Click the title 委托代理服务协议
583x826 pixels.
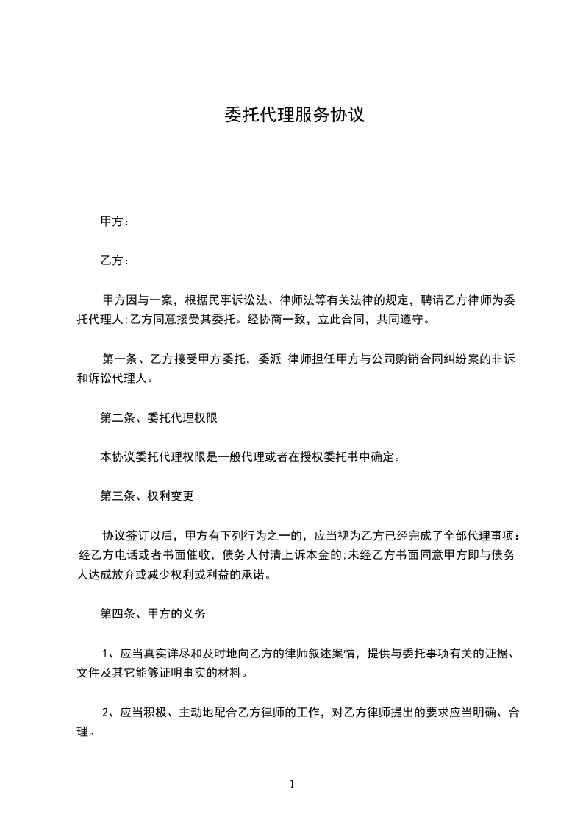pos(294,116)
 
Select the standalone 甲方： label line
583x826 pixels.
pos(115,221)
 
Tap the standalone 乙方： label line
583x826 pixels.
pos(115,261)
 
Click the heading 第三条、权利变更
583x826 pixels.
pos(146,496)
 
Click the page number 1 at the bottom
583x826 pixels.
pos(292,784)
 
